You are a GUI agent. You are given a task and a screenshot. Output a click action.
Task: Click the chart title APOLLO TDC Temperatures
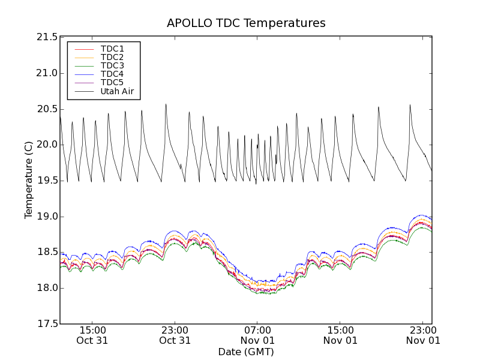(246, 23)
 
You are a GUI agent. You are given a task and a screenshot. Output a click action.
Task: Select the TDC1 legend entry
(112, 49)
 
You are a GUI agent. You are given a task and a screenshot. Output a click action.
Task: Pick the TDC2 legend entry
(112, 57)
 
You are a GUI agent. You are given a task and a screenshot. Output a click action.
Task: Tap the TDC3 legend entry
(112, 65)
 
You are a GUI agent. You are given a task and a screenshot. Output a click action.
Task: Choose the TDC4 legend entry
(112, 74)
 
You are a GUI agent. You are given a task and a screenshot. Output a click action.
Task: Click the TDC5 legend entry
(112, 82)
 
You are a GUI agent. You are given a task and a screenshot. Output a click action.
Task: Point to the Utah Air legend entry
(117, 91)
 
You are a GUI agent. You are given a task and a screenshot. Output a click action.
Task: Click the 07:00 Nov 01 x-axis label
(257, 335)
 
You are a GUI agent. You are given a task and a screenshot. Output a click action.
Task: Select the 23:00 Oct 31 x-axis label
(175, 335)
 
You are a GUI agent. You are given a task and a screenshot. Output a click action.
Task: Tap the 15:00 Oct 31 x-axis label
(92, 335)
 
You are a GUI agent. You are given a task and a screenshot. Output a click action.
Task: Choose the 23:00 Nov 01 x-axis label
(422, 335)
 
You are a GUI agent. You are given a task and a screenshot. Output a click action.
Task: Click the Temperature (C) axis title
(29, 180)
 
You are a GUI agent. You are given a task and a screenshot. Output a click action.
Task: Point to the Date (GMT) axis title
(246, 352)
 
